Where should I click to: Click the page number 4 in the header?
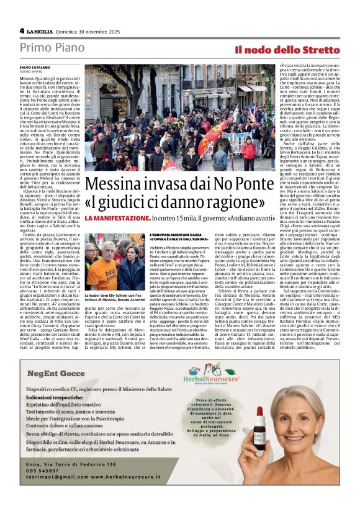22,30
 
